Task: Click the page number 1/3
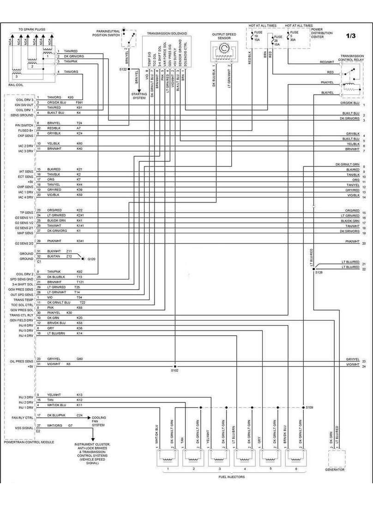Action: point(352,36)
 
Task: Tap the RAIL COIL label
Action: point(16,84)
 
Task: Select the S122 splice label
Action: point(122,69)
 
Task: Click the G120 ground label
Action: point(91,259)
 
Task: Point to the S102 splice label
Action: point(174,370)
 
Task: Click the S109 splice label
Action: point(309,408)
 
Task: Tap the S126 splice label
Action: point(319,273)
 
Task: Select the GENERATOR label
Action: point(335,469)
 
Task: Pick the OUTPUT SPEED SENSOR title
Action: point(224,36)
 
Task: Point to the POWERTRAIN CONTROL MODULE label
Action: point(29,442)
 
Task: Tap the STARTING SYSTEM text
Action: point(138,95)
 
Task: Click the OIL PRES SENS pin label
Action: point(22,361)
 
